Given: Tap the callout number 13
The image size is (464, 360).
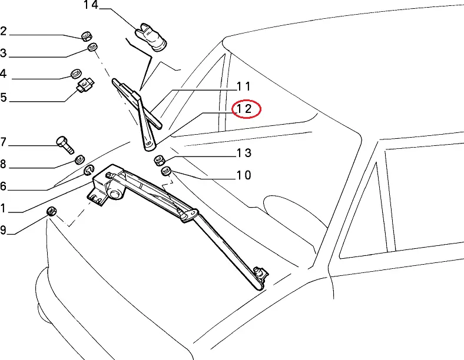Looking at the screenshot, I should coord(244,154).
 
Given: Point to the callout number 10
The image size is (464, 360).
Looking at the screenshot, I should coord(244,175).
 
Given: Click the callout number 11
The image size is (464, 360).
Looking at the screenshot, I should coord(244,86).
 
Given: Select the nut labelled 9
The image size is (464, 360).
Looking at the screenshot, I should coord(52,211).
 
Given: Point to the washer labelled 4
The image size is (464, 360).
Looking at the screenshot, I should coord(76,74).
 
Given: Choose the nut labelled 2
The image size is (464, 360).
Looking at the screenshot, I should coord(86,35).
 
